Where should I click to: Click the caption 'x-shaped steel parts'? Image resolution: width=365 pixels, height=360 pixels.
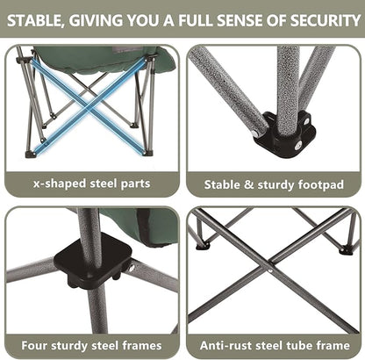point(91,184)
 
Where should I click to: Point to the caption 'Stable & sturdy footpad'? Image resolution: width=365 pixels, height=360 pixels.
point(274,184)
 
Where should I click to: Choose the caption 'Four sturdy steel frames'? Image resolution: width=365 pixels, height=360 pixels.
point(91,344)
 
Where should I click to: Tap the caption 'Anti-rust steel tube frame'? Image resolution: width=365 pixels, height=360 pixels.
point(274,344)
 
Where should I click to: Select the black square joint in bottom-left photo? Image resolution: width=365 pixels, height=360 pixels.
point(91,262)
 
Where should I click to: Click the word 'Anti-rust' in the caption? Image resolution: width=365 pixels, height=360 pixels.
point(227,344)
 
